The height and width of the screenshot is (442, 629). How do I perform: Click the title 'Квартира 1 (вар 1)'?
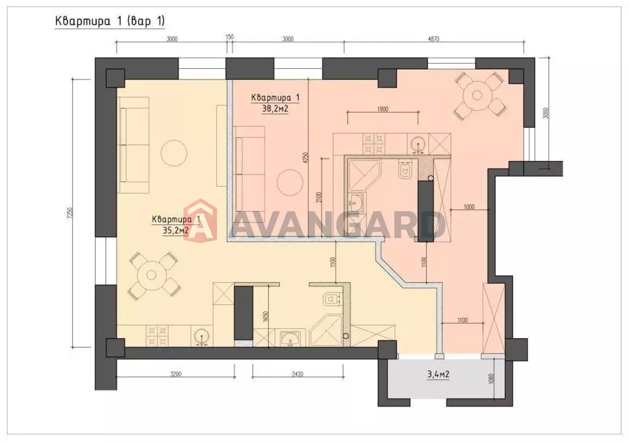click(x=110, y=21)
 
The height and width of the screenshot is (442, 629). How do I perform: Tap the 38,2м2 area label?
click(x=275, y=109)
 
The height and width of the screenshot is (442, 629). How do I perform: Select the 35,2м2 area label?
click(x=176, y=231)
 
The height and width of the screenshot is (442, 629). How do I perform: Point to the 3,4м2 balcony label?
click(x=438, y=374)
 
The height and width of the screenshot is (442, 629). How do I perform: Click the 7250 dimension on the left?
click(x=70, y=213)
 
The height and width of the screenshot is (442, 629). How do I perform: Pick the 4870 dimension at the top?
click(x=433, y=39)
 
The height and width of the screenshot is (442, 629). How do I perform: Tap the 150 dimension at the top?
click(x=230, y=37)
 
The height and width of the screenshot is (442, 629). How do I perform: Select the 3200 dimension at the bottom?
click(x=176, y=374)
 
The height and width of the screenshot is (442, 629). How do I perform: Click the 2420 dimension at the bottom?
click(x=298, y=374)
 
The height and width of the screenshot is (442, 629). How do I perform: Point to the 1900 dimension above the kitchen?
click(x=383, y=109)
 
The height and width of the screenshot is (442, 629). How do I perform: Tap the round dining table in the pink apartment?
click(x=477, y=95)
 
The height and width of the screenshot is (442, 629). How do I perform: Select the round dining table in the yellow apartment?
click(x=151, y=275)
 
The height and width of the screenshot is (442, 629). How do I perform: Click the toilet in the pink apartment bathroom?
click(x=405, y=169)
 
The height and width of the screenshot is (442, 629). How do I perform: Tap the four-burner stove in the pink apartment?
click(x=374, y=144)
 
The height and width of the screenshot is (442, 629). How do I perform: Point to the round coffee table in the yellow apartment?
click(x=174, y=153)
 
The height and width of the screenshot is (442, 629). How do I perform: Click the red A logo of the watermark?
click(x=200, y=221)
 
